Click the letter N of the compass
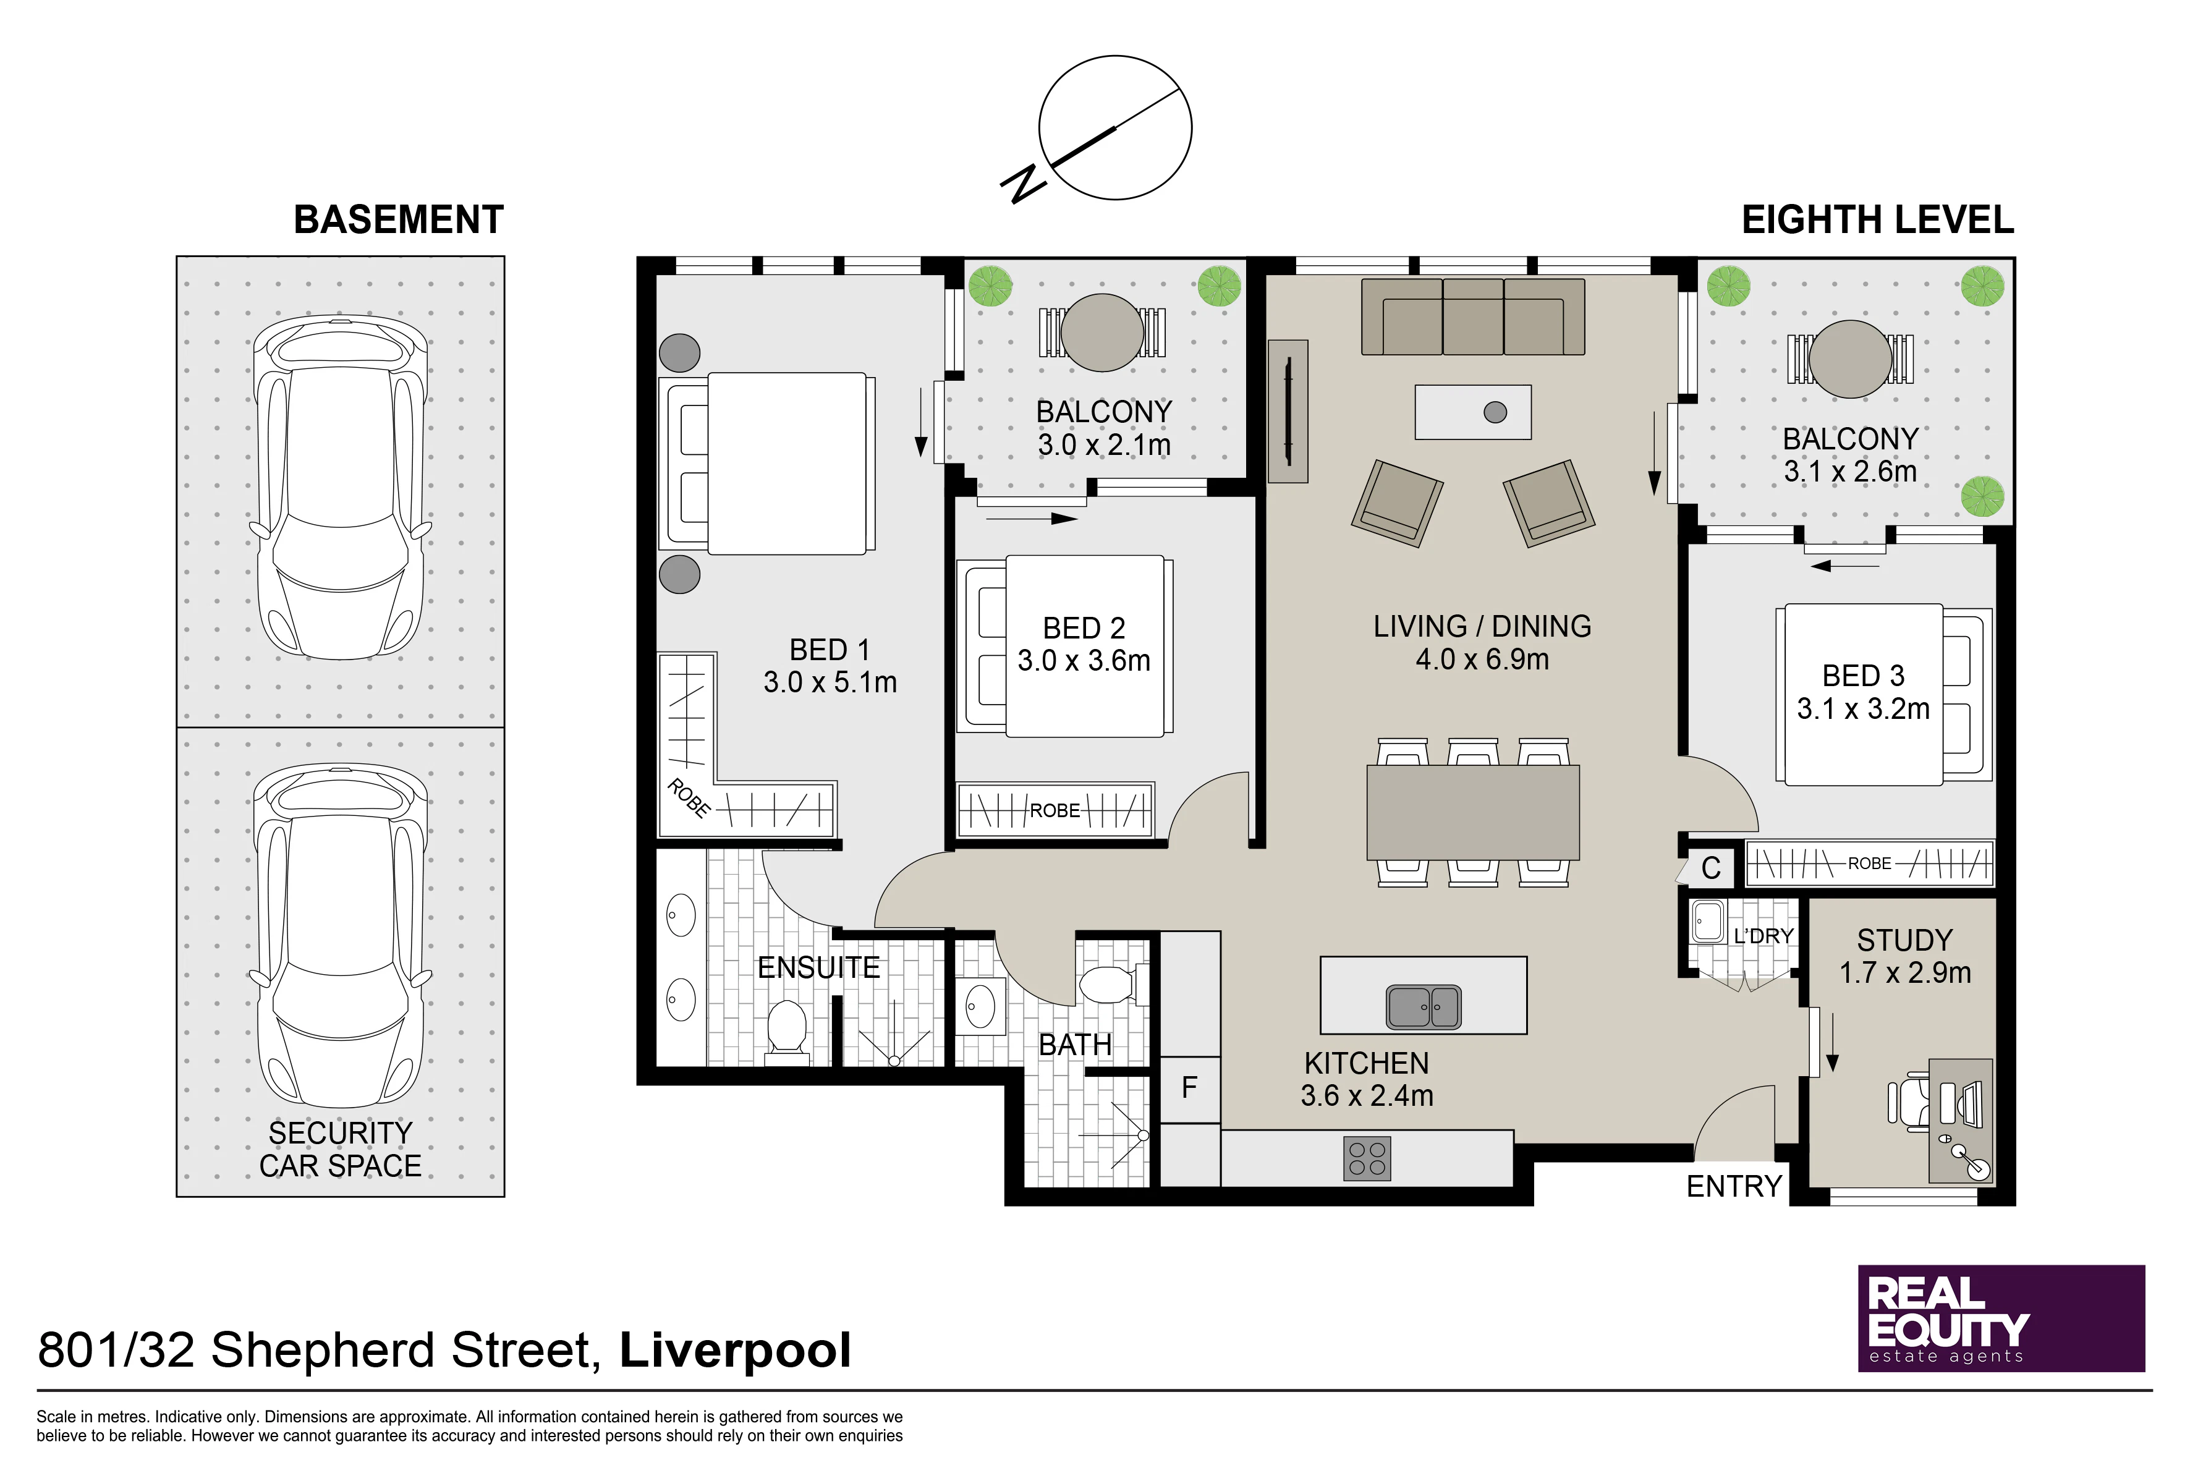coord(1024,184)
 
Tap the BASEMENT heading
coord(399,220)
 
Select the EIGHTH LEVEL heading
coord(1877,220)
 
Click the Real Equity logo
coord(2001,1318)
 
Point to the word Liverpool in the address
coord(736,1350)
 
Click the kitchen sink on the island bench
coord(1424,1006)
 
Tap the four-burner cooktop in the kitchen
coord(1367,1158)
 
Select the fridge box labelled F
coord(1190,1089)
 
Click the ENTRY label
coord(1734,1186)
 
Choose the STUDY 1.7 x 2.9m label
coord(1905,956)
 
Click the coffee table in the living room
coord(1473,412)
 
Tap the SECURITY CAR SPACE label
coord(341,1149)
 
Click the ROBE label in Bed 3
coord(1870,863)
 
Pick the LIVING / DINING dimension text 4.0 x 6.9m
coord(1482,660)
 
